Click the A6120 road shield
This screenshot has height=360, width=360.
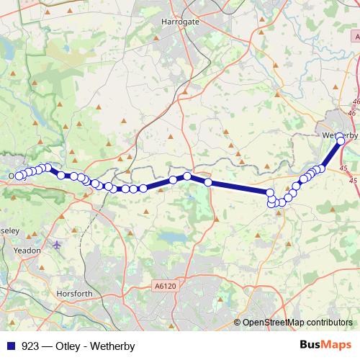[164, 287]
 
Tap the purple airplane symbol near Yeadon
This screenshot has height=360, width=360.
[58, 245]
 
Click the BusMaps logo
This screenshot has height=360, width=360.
[325, 346]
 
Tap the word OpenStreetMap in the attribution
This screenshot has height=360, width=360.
[274, 323]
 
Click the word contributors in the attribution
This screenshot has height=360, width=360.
[330, 323]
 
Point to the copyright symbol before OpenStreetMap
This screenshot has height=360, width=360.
[238, 323]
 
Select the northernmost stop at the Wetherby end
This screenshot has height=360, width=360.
[340, 136]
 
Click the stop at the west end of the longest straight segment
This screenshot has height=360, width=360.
[208, 182]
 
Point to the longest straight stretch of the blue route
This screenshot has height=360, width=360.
[239, 188]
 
